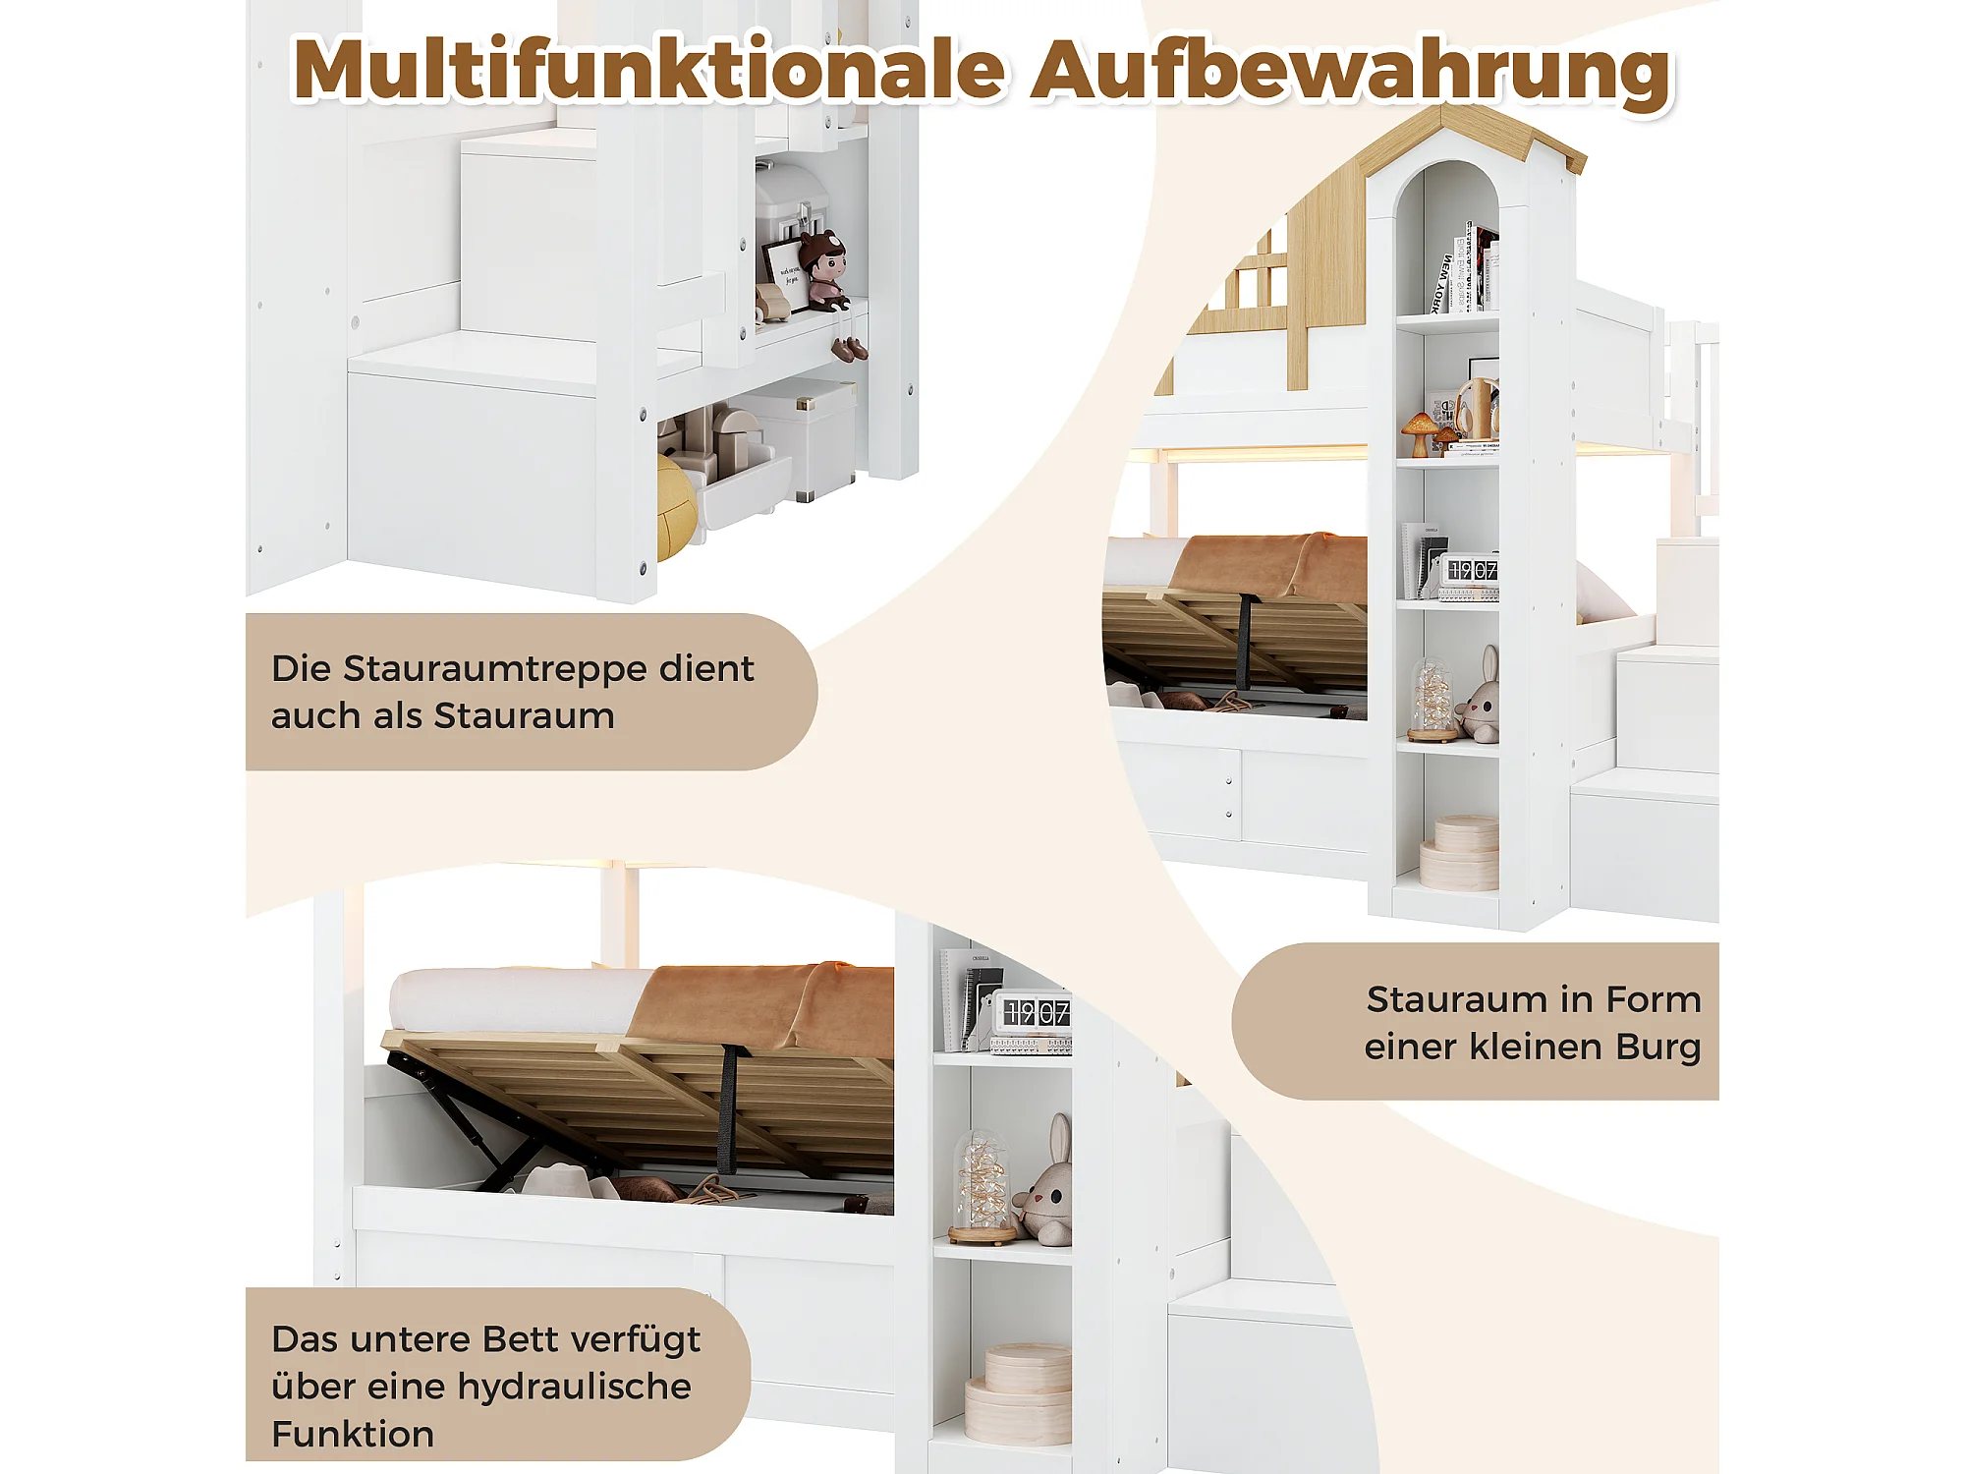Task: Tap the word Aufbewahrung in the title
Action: coord(1351,75)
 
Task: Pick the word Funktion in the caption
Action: coord(353,1434)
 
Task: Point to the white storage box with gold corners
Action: coord(801,437)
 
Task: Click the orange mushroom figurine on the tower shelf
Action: coord(1419,433)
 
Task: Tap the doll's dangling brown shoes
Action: coord(849,348)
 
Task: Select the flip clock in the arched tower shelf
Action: coord(1469,573)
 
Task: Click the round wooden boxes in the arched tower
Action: coord(1460,852)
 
